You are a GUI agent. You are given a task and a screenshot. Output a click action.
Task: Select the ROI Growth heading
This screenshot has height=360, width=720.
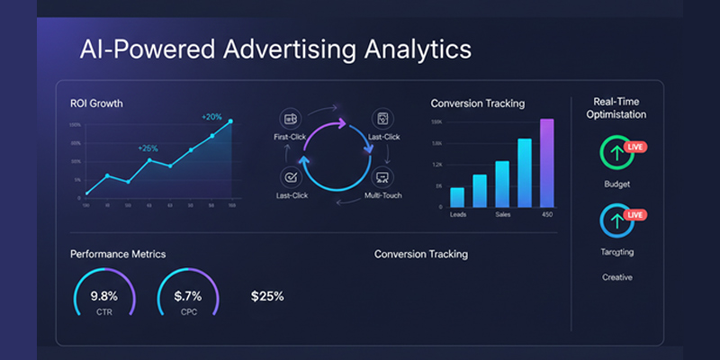(96, 103)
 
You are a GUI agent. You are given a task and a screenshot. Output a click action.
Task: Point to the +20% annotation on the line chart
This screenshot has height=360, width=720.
(211, 116)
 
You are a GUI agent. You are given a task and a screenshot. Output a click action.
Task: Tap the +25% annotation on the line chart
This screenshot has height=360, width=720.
(148, 148)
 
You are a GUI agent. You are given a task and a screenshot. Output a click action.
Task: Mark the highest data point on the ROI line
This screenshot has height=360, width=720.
(230, 121)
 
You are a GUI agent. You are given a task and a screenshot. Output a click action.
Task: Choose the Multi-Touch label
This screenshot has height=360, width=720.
(382, 195)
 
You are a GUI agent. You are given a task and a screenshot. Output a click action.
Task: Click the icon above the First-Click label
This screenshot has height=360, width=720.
(290, 118)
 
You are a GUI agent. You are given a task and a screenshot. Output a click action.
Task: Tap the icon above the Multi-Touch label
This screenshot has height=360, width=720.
(382, 177)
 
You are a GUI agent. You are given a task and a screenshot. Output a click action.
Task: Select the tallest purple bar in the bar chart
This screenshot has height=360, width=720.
(545, 163)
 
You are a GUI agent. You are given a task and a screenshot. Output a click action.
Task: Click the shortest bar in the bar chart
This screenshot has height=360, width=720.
(457, 197)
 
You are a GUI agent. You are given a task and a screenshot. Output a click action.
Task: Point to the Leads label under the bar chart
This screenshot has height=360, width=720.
(458, 213)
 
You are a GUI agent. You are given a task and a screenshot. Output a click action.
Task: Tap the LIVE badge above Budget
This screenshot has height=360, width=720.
(635, 146)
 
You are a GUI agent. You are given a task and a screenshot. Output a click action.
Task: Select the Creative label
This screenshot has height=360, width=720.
(617, 277)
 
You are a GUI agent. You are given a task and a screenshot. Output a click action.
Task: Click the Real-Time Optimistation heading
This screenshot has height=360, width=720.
(617, 108)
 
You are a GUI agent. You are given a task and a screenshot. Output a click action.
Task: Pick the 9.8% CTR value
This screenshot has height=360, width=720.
(105, 296)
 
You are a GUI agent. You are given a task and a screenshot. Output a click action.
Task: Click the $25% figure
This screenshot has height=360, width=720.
(267, 296)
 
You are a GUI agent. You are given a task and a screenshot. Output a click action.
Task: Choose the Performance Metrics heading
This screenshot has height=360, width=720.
(118, 255)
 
